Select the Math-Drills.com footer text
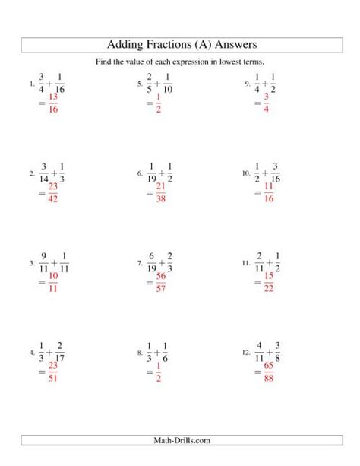coord(180,440)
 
